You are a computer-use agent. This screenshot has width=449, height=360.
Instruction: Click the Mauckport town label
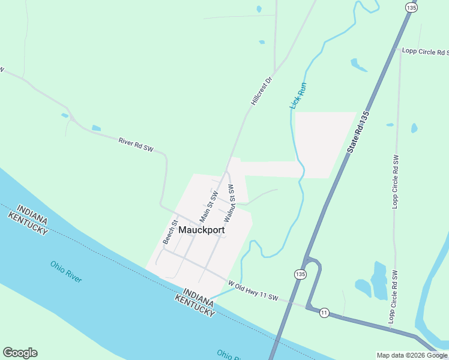[202, 230]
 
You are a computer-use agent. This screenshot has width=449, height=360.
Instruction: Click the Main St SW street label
[208, 205]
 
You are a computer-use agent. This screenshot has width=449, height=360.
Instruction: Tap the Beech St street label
[170, 232]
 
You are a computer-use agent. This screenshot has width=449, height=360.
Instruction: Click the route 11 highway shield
[324, 313]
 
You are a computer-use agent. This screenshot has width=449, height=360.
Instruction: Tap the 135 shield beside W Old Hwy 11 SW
[300, 274]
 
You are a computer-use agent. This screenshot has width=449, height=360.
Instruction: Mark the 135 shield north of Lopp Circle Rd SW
[411, 7]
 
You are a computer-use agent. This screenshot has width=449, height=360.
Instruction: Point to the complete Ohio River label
[66, 271]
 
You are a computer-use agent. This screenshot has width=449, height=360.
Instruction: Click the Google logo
[20, 353]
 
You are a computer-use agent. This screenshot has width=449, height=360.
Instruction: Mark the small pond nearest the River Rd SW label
[96, 128]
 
